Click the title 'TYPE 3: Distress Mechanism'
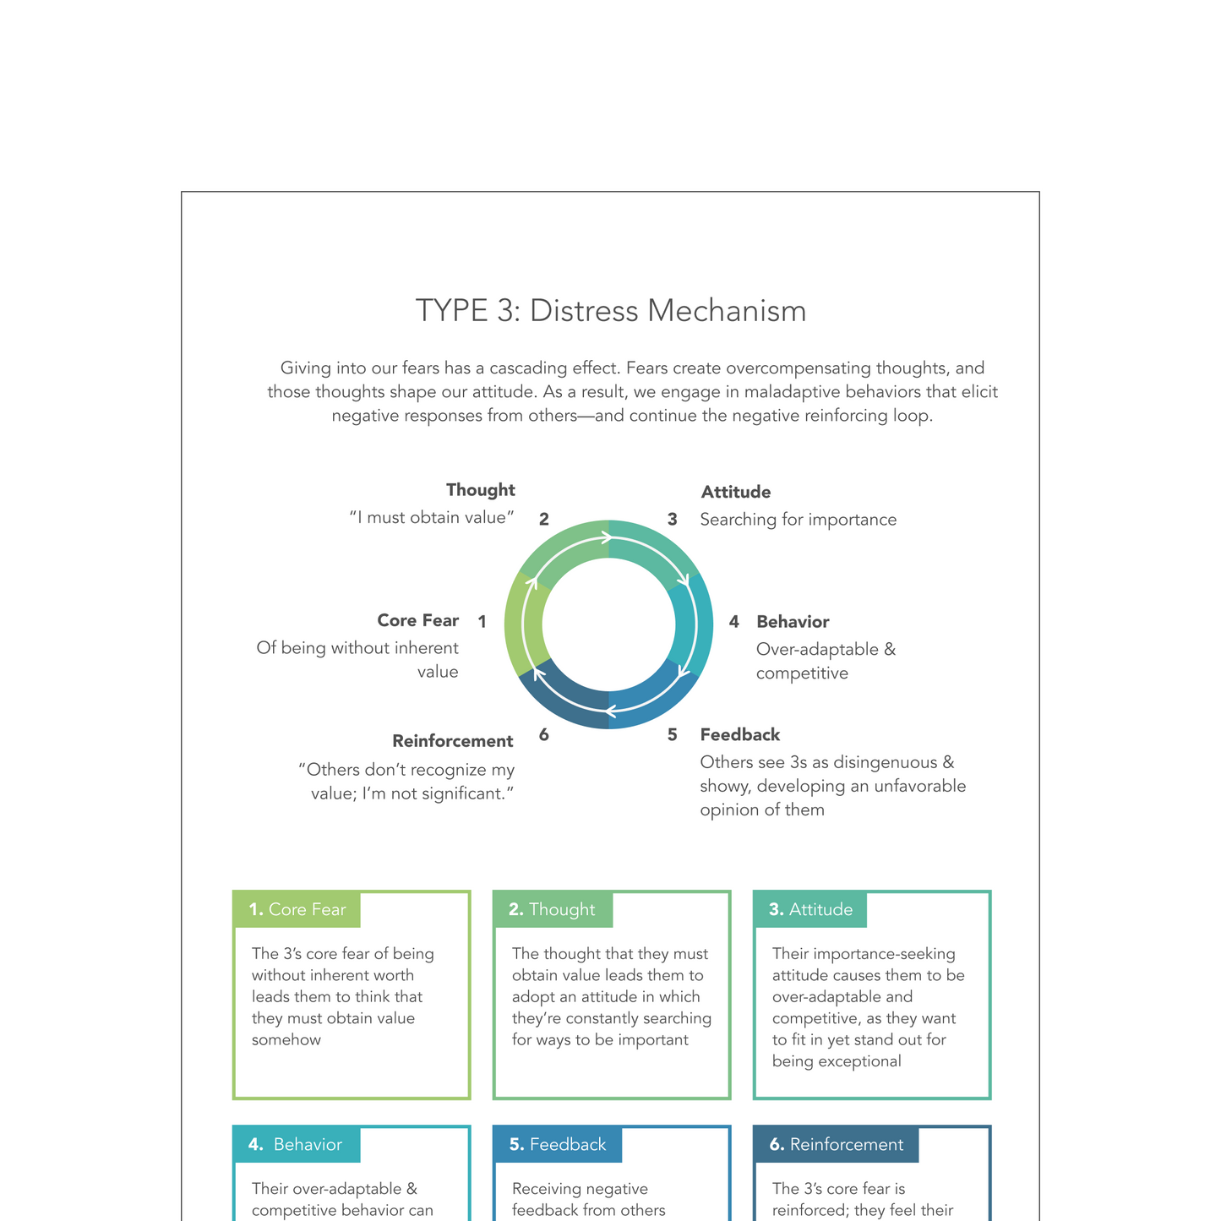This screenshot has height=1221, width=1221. [610, 311]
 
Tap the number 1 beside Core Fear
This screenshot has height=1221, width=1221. [482, 622]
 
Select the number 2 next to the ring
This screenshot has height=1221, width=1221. [544, 520]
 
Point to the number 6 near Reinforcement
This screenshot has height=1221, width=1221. [543, 735]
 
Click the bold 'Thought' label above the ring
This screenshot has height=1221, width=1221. [480, 490]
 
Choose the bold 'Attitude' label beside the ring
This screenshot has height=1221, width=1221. [735, 492]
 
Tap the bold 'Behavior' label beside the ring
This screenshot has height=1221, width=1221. [792, 622]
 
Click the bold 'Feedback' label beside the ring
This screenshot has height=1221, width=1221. [739, 735]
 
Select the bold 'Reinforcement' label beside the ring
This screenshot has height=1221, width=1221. [452, 741]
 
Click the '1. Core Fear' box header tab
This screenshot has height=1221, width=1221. [297, 910]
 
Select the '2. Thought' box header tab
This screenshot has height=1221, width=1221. [553, 910]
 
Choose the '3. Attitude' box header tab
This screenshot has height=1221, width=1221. [810, 910]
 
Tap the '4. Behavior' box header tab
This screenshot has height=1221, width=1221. [297, 1145]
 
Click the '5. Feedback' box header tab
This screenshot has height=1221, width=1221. [558, 1145]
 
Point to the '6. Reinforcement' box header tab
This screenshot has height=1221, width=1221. [836, 1145]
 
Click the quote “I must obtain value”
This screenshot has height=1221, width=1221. [432, 518]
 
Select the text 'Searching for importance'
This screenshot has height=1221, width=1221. [798, 520]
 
